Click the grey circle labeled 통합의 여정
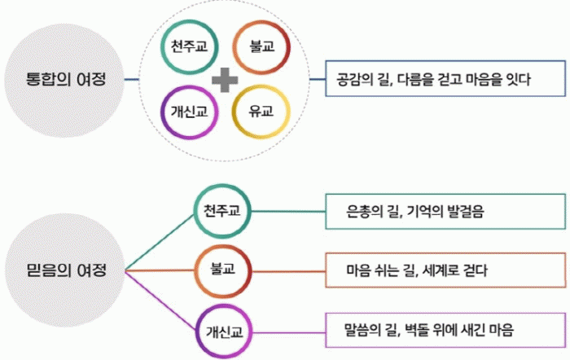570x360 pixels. (x=64, y=80)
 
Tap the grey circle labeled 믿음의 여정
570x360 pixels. (x=65, y=270)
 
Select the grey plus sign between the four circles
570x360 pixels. (x=225, y=80)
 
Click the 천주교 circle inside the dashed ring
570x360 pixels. (x=190, y=47)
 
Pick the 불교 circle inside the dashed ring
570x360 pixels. (x=261, y=47)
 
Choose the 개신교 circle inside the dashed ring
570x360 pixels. (x=190, y=112)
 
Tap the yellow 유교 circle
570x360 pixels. (x=261, y=112)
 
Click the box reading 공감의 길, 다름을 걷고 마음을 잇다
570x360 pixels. (x=445, y=78)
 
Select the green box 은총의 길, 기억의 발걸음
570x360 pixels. (x=445, y=211)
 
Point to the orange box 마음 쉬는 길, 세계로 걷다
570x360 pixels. (x=445, y=270)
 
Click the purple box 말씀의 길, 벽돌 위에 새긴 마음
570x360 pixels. (x=445, y=330)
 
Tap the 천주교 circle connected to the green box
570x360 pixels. (x=222, y=211)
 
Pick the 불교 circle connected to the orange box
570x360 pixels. (x=223, y=271)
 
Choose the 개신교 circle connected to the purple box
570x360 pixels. (x=224, y=331)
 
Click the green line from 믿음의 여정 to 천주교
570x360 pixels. (x=160, y=243)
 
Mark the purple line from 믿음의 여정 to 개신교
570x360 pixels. (x=160, y=300)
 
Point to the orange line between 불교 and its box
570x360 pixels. (x=288, y=271)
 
